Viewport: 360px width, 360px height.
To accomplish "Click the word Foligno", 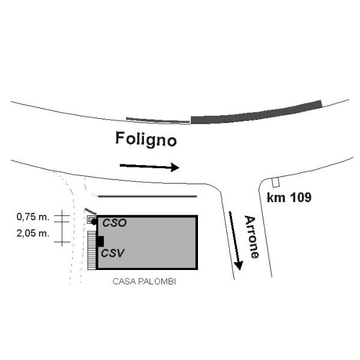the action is coord(146,140).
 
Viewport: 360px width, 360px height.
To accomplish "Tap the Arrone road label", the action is coord(251,236).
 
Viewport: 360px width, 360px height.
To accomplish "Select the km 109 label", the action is coord(289,197).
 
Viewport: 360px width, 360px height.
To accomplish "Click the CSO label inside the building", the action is coord(114,223).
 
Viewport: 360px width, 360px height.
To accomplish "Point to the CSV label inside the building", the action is coord(112,253).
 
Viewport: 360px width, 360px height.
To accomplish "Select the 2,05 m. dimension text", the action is coord(34,233).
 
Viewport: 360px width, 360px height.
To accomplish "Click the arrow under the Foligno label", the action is coord(149,166).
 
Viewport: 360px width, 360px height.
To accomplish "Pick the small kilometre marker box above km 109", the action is coord(276,182).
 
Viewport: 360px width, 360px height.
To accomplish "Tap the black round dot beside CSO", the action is coord(95,222).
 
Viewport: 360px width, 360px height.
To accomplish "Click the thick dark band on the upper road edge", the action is coord(256,112).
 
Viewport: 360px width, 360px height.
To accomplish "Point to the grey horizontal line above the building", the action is coord(147,196).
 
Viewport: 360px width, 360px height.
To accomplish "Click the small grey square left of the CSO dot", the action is coord(90,220).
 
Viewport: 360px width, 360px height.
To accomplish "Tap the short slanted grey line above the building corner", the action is coord(90,211).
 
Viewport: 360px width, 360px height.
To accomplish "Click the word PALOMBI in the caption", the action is coord(160,281).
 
